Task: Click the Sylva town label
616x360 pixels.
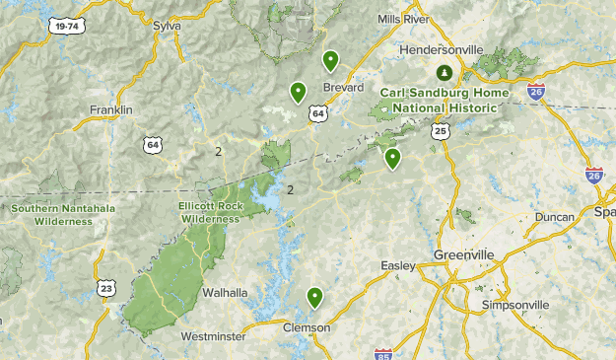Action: coord(168,25)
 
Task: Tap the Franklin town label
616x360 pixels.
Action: coord(110,109)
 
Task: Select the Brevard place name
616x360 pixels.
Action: coord(344,87)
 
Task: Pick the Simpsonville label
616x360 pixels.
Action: coord(515,305)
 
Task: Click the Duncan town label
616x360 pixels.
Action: coord(554,217)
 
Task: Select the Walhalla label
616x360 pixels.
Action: coord(225,293)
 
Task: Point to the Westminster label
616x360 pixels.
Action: coord(213,336)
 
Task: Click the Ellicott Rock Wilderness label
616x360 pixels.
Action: coord(210,212)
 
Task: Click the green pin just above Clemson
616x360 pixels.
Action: coord(315,297)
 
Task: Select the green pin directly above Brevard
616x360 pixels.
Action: coord(330,61)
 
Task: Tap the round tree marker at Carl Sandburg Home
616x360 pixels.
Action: coord(445,72)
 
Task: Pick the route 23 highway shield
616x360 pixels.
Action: coord(106,287)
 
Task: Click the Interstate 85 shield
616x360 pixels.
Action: coord(383,353)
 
